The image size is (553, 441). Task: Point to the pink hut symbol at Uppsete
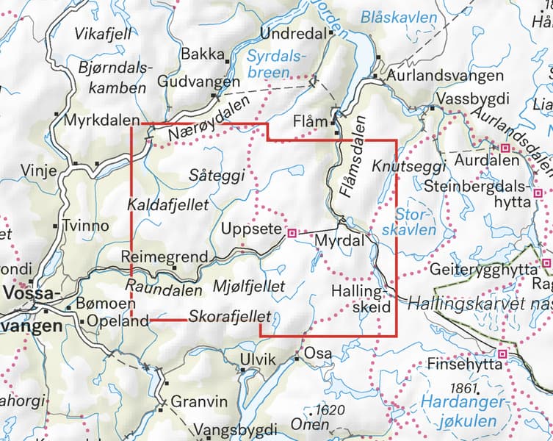[x=292, y=233]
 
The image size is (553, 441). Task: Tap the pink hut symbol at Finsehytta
[x=503, y=354]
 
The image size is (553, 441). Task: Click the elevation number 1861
[x=463, y=387]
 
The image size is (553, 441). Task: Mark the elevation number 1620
[x=328, y=409]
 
